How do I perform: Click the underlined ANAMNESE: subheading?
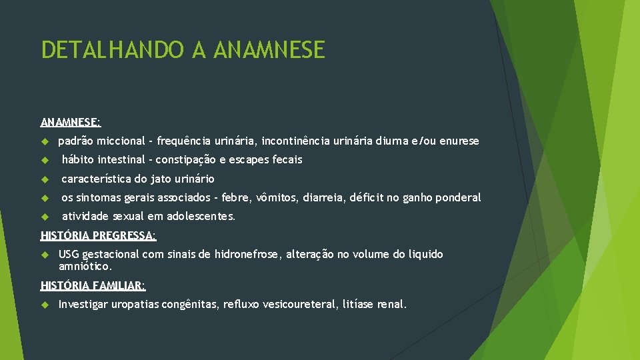[x=71, y=122]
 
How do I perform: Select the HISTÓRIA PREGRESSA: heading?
[x=99, y=235]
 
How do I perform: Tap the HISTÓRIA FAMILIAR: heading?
[x=93, y=285]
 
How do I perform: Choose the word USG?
[x=69, y=254]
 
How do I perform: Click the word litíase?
[x=358, y=305]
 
